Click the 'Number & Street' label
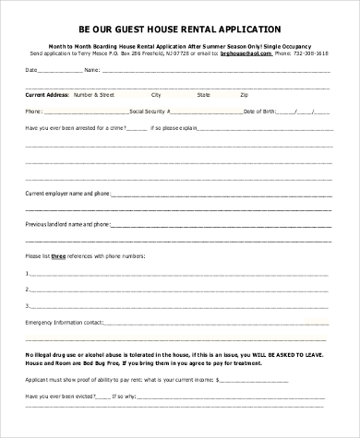(95, 94)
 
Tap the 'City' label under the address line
(156, 94)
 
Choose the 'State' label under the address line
(202, 94)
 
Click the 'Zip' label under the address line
(244, 94)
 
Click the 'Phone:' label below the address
(34, 111)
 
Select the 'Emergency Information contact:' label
(64, 323)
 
